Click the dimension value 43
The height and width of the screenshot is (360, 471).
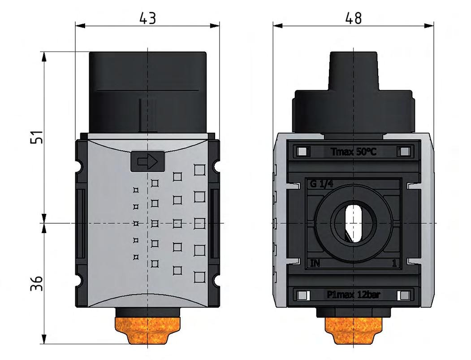pyautogui.click(x=147, y=18)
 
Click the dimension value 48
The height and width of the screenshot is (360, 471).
pyautogui.click(x=353, y=18)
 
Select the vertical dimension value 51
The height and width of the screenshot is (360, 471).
pyautogui.click(x=39, y=137)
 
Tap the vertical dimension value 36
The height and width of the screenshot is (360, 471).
pyautogui.click(x=39, y=283)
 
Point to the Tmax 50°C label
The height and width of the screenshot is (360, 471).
pyautogui.click(x=353, y=152)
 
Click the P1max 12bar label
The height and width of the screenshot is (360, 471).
pyautogui.click(x=353, y=295)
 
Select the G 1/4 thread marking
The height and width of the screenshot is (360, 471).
pyautogui.click(x=320, y=183)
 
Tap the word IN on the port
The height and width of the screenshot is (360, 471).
pyautogui.click(x=315, y=263)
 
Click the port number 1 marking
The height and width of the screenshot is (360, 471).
pyautogui.click(x=394, y=264)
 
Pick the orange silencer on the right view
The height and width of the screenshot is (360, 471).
pyautogui.click(x=354, y=331)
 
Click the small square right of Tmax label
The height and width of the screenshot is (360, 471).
pyautogui.click(x=405, y=152)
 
